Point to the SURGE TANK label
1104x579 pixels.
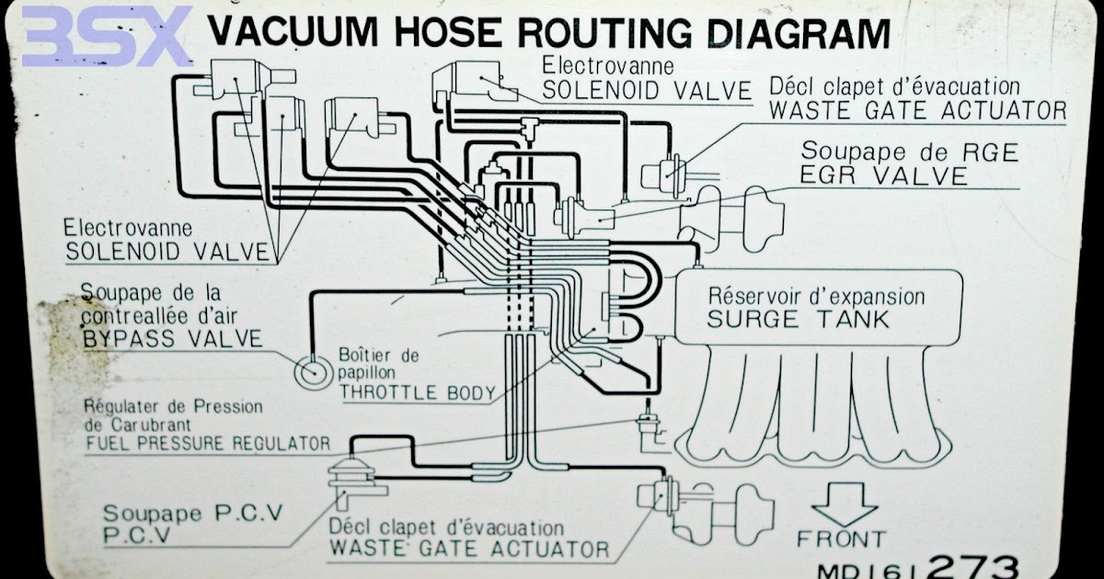(798, 320)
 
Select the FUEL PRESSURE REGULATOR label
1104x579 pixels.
(208, 444)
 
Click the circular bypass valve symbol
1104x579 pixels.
(310, 372)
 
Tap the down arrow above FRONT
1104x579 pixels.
(844, 505)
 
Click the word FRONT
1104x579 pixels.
(841, 539)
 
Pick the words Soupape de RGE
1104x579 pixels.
(909, 152)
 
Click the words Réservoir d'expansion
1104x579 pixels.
(816, 296)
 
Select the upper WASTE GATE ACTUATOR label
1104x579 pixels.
(917, 111)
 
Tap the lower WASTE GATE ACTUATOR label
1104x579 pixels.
(469, 550)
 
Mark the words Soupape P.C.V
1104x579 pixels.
(178, 513)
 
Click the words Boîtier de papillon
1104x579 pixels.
(379, 364)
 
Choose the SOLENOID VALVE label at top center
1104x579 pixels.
(647, 89)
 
